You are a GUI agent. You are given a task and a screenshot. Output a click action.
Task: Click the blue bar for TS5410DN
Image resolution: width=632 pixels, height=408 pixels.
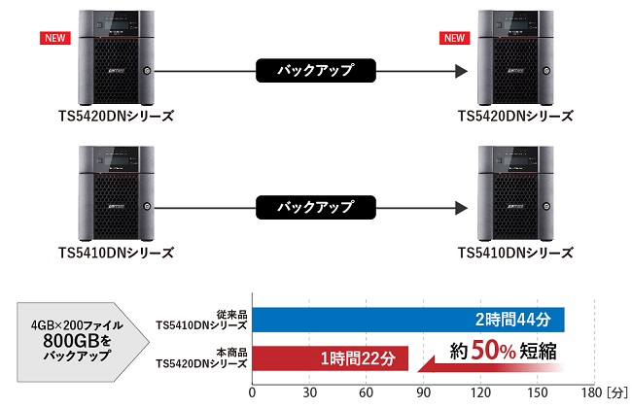coord(408,320)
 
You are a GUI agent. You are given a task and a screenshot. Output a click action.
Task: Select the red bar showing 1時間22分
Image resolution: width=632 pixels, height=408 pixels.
coord(331,358)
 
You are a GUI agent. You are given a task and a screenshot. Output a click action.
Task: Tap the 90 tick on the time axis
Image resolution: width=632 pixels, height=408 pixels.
coord(423,392)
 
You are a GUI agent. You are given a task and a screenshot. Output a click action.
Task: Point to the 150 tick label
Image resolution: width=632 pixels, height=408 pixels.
coord(538,392)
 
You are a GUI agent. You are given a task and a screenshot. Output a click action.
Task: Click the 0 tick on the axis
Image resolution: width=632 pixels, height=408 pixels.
coord(253,392)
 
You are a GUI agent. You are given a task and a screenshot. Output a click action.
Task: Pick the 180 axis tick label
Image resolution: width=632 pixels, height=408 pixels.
coord(591,392)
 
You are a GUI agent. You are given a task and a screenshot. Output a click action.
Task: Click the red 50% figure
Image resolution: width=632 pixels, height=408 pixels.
coord(493,350)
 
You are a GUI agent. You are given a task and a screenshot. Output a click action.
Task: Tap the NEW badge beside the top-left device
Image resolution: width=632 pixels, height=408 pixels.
coord(55,38)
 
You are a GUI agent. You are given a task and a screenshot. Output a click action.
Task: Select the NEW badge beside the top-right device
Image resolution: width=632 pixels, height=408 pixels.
coord(455,38)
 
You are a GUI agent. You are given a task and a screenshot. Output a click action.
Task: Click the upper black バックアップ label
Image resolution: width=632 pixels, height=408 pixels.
coord(316,71)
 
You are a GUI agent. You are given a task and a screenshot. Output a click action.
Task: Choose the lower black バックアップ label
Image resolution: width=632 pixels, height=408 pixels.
coord(316,208)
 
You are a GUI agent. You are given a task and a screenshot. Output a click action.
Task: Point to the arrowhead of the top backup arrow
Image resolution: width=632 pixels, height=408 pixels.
coord(462,71)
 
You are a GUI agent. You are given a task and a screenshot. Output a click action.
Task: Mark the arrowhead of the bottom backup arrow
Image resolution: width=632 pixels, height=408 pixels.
coord(462,208)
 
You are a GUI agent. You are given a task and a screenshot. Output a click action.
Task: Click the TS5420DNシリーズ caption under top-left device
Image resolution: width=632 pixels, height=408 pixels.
coord(116,116)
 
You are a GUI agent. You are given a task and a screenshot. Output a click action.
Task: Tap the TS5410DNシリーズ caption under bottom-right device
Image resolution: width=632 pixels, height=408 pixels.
coord(515,253)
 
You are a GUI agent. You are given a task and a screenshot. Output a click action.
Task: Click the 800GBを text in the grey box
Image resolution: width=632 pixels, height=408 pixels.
coord(77,341)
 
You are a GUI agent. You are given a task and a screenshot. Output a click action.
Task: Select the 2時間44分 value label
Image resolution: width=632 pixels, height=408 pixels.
coord(513,320)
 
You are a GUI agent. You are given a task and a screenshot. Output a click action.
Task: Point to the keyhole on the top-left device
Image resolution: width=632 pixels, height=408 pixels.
coord(147,71)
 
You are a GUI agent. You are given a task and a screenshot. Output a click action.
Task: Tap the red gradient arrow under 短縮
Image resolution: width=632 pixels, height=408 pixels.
coord(490,366)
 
